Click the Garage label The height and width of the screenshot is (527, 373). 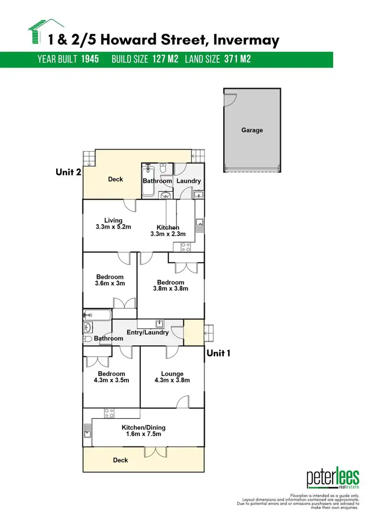coord(252,130)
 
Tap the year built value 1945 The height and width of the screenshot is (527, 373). coord(91,59)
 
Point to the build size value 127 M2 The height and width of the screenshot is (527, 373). coord(165,59)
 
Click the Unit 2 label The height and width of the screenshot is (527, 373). coord(68,173)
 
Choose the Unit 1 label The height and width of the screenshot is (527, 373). coord(219,353)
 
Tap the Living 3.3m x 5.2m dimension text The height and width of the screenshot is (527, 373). coord(113,227)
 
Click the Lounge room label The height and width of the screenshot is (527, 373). coord(172,374)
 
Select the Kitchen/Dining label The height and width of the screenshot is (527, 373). coord(144,428)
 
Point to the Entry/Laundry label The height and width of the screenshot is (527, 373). coord(148,333)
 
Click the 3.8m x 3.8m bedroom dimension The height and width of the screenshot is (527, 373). coord(171,289)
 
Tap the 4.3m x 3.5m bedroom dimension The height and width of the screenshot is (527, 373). coord(111,380)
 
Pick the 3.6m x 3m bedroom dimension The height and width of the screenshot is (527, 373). coord(110,283)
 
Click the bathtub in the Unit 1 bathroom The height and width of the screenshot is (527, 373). coord(97,314)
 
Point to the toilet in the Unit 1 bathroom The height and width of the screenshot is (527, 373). coord(87,339)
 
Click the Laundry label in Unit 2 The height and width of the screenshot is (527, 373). coord(188,181)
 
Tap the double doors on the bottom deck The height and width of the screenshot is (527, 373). coord(154,452)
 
